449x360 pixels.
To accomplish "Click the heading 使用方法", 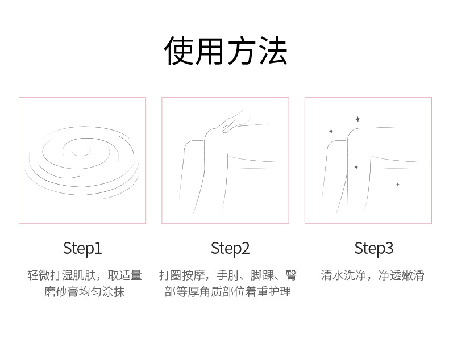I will (225, 51).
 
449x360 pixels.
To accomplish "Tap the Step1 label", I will (82, 248).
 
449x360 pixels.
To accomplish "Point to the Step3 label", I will (373, 248).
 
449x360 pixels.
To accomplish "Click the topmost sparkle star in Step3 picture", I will (357, 119).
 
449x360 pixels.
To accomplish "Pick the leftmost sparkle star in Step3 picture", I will (331, 131).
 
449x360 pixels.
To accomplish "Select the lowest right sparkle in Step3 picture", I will (397, 185).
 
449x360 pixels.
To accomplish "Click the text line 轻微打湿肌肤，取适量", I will (84, 275).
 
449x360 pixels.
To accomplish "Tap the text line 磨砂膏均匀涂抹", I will (84, 292).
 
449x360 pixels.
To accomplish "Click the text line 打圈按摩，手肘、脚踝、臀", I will (228, 275).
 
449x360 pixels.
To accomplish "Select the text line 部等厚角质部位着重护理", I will (228, 292).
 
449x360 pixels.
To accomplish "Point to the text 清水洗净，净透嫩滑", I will (372, 275).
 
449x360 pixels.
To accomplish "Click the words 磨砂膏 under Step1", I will (61, 292).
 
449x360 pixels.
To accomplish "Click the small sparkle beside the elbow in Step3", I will (356, 167).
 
